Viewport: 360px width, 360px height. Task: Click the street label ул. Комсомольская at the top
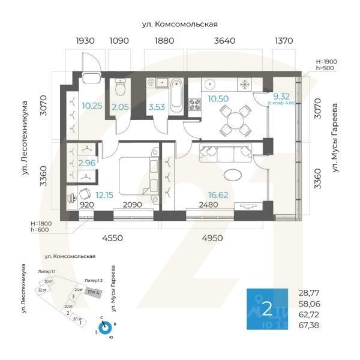[x=179, y=25]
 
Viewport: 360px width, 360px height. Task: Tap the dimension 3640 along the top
[x=217, y=41]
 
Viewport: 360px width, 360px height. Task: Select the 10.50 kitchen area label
[x=215, y=98]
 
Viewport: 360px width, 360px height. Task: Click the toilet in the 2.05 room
[x=119, y=91]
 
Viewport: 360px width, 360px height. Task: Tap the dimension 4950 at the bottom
[x=212, y=238]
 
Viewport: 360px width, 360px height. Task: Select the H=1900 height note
[x=326, y=61]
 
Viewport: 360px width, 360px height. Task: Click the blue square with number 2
[x=268, y=310]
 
